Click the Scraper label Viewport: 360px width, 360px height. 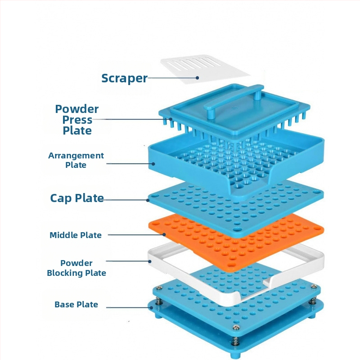(x=124, y=78)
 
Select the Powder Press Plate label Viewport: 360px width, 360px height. (x=77, y=120)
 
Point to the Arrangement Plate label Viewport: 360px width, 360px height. (x=76, y=160)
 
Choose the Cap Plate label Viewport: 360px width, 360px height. (x=77, y=198)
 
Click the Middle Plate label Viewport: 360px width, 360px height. (x=76, y=235)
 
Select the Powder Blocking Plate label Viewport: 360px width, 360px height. (x=76, y=268)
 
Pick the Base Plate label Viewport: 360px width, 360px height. (x=76, y=305)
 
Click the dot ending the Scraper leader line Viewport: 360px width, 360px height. (x=198, y=77)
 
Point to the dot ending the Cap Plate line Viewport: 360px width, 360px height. (x=148, y=200)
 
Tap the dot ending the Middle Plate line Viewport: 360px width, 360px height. (x=165, y=234)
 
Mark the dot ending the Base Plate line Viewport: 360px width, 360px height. (x=150, y=307)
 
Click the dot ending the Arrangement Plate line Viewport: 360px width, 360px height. (x=154, y=163)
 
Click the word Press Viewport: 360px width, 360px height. (x=77, y=120)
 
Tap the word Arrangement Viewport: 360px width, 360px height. (x=76, y=156)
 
